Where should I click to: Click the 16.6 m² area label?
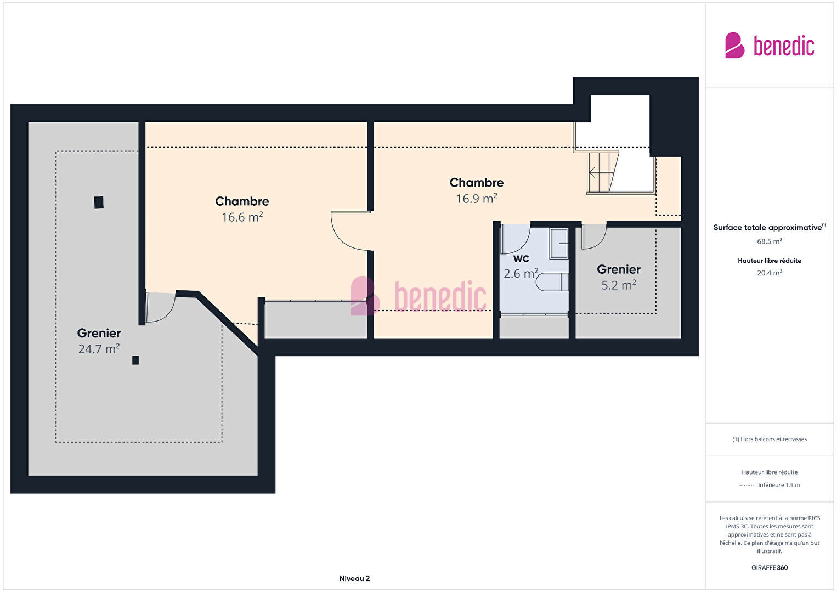coord(242,217)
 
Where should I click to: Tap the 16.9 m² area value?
coord(477,199)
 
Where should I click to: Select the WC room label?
coord(521,258)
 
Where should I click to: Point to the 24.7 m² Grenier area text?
coord(99,349)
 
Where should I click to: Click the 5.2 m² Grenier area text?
coord(618,285)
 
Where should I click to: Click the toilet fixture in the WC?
coord(552,282)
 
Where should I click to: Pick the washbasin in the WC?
coord(559,244)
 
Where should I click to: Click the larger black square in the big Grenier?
coord(99,202)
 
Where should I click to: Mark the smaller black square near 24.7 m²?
coord(135,360)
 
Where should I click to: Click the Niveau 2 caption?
coord(355,578)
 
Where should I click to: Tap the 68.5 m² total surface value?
coord(770,241)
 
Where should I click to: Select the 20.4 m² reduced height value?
coord(770,273)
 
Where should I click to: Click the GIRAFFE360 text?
coord(770,568)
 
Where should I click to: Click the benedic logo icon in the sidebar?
coord(734,45)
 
